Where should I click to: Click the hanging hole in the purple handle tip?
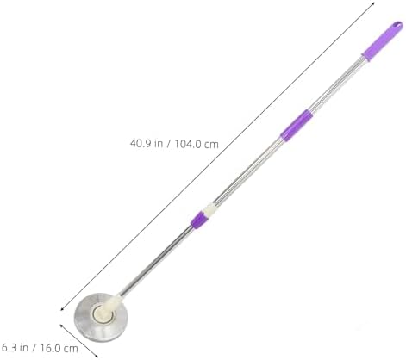click(397, 25)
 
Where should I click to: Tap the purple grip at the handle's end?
click(382, 41)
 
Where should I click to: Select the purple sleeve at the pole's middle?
click(297, 126)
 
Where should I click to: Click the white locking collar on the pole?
click(209, 210)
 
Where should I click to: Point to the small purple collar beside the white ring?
click(198, 220)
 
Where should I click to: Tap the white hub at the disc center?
click(103, 314)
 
